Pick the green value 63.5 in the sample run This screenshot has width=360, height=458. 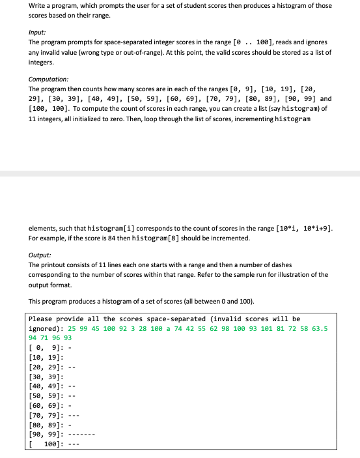tap(320, 328)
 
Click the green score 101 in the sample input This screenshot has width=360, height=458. tap(256, 328)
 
